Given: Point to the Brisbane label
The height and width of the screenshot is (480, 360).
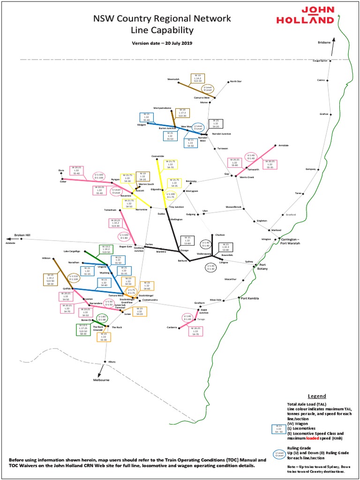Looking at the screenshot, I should (324, 42).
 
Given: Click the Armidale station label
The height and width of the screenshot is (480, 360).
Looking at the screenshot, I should (284, 145).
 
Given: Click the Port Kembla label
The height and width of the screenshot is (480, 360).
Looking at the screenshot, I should (247, 298).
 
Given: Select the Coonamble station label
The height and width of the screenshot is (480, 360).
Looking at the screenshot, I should (158, 155).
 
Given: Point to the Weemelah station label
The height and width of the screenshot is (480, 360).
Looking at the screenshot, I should (173, 79).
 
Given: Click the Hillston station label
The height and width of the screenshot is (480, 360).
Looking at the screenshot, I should (45, 258).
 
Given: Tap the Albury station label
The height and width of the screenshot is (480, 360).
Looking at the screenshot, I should (112, 362).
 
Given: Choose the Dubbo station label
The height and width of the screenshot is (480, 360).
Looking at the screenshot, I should (162, 214).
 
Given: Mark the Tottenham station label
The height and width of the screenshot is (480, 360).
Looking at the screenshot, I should (110, 210).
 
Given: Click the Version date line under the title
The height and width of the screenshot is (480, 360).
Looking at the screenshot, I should (162, 43).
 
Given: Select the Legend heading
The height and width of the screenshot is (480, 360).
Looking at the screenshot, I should (316, 396).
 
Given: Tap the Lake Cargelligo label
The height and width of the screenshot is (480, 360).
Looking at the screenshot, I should (72, 251).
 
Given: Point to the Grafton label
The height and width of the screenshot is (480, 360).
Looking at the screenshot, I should (323, 114).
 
